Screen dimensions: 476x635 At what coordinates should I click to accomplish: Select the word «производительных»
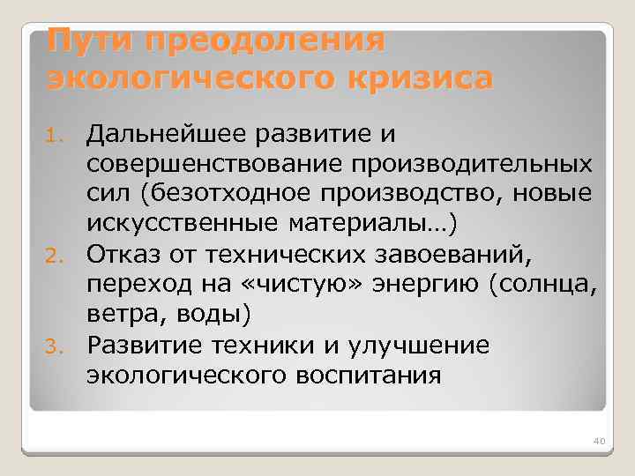coord(489,164)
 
